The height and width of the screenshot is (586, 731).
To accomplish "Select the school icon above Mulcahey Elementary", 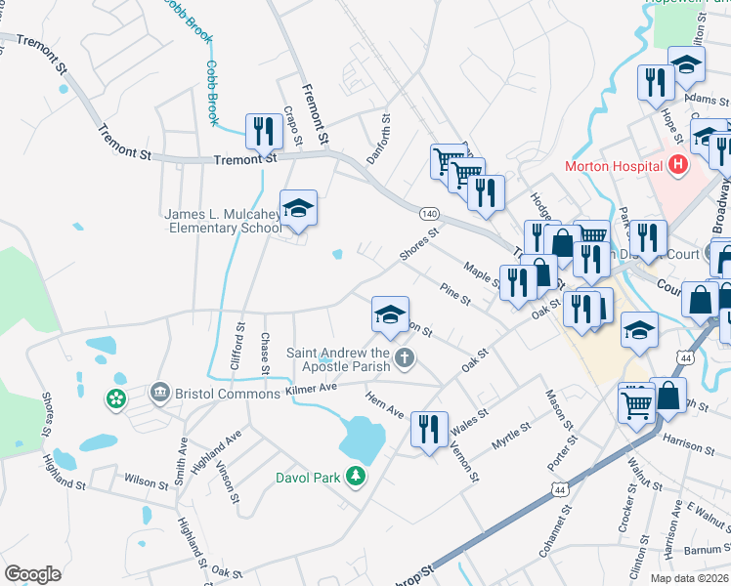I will pyautogui.click(x=298, y=208).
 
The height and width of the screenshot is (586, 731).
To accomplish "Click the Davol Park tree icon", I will pyautogui.click(x=359, y=475).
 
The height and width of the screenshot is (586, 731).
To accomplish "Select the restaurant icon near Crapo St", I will pyautogui.click(x=263, y=131).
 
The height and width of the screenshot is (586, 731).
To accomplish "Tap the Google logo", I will pyautogui.click(x=32, y=573).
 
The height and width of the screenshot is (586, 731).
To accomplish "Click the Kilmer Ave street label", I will pyautogui.click(x=312, y=388).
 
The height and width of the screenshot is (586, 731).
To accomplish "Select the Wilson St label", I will pyautogui.click(x=147, y=481).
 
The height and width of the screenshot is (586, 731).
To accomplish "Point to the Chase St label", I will pyautogui.click(x=264, y=352).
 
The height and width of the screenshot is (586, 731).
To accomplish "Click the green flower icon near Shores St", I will pyautogui.click(x=116, y=399).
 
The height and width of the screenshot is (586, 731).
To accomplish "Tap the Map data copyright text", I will pyautogui.click(x=689, y=578).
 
